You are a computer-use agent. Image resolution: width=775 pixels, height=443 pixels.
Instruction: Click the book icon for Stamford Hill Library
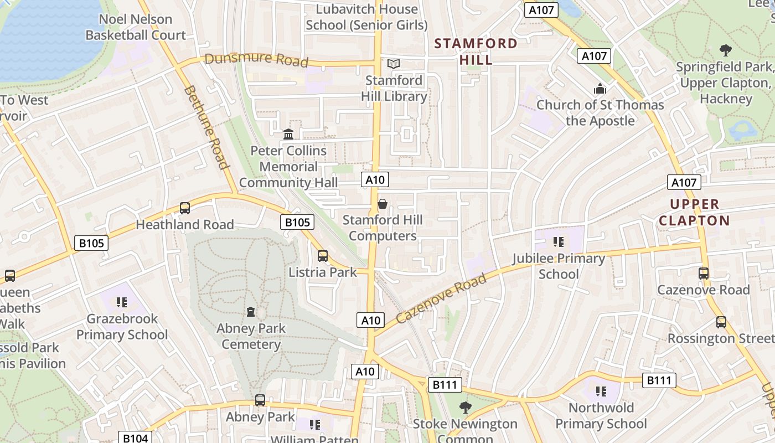(394, 64)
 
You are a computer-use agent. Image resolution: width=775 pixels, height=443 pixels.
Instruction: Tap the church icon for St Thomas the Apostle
(600, 89)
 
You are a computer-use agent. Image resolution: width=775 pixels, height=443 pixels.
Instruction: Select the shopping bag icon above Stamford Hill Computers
(382, 204)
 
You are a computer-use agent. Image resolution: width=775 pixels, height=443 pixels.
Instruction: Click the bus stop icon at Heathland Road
(185, 208)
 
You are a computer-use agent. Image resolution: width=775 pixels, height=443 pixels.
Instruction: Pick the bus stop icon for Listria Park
(323, 256)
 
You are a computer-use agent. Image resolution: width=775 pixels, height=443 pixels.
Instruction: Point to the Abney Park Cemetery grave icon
(251, 312)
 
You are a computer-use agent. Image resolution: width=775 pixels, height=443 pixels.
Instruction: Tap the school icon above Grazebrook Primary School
(122, 302)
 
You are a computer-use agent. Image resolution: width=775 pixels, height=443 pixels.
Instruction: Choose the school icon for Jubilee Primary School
(558, 241)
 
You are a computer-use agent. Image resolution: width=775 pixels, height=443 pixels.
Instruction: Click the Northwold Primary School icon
(601, 392)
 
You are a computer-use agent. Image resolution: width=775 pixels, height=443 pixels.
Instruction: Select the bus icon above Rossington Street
(721, 322)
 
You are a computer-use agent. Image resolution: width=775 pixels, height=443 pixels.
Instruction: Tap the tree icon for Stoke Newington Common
(465, 408)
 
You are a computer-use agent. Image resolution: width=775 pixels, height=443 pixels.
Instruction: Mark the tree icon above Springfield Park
(725, 50)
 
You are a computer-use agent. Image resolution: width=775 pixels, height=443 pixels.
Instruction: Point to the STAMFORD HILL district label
(476, 51)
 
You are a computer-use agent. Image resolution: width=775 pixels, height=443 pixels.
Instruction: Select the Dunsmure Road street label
(256, 59)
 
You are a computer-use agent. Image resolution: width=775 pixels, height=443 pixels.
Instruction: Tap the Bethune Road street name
(206, 127)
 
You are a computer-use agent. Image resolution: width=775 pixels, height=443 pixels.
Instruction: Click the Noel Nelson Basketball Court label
(136, 27)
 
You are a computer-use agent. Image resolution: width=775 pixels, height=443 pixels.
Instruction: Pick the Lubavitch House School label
(366, 17)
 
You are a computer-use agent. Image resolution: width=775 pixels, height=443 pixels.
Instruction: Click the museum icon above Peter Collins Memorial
(288, 134)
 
